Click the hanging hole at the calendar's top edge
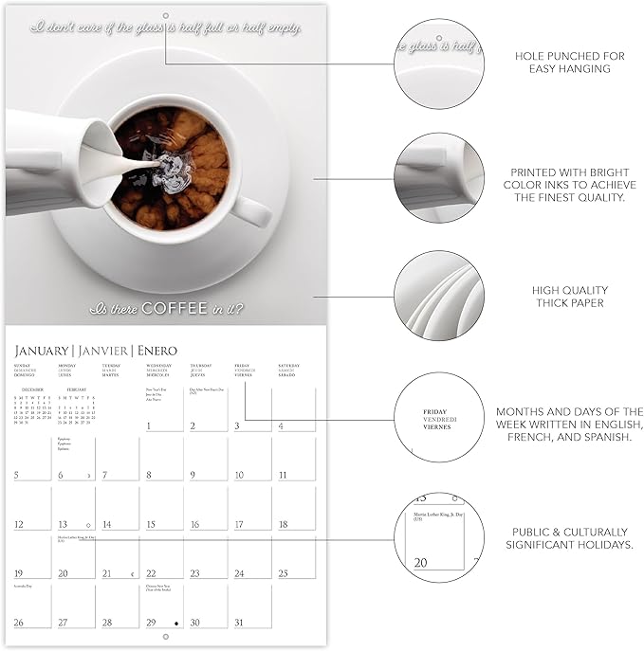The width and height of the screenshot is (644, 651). (x=165, y=17)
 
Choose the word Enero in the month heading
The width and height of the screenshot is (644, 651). (x=157, y=351)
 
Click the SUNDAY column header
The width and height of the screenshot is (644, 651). (x=24, y=365)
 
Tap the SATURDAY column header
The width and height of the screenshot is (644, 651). (x=288, y=365)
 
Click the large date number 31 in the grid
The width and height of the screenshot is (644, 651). (x=238, y=623)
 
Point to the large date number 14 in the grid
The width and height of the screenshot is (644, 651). (x=107, y=524)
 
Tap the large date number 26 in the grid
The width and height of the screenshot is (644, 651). (x=19, y=623)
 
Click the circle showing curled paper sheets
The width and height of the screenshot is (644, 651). (x=439, y=296)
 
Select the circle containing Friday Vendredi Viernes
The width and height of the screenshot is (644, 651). (x=439, y=418)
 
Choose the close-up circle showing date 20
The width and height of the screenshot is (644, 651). (x=439, y=537)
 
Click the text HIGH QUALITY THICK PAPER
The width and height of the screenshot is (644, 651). (x=569, y=297)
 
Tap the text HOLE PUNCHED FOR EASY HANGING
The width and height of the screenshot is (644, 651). (x=569, y=63)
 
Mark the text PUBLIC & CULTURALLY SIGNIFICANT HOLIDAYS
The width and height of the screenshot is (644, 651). (x=569, y=538)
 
